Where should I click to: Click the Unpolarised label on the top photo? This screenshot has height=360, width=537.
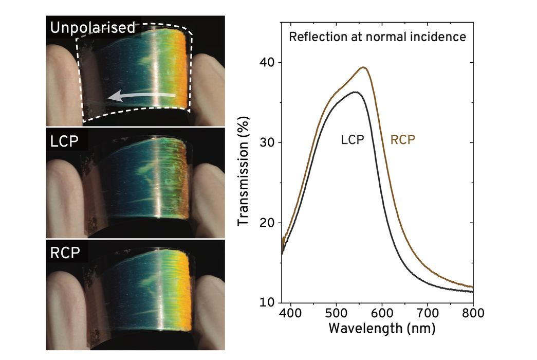point(92,27)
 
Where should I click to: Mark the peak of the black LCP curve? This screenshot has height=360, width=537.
point(355,92)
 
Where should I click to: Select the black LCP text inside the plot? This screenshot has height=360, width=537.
point(353,140)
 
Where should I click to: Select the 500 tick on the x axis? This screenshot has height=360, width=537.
point(336,313)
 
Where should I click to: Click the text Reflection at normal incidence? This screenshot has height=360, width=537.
point(377,37)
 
